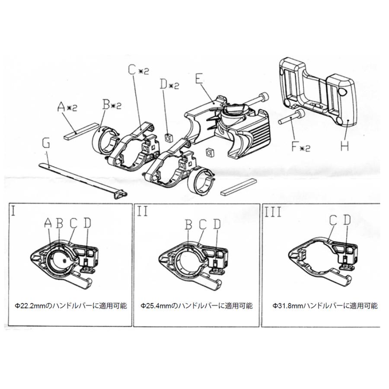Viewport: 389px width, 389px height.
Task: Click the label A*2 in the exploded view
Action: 67,107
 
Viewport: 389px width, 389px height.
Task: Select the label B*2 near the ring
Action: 112,105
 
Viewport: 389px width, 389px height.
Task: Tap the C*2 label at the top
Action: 139,70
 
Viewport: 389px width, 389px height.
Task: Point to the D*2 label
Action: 169,84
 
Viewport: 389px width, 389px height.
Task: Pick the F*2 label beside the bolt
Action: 301,147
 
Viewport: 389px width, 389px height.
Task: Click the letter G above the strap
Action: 46,143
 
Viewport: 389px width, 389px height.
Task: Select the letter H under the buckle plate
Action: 344,145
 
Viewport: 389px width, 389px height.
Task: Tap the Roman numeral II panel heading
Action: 142,212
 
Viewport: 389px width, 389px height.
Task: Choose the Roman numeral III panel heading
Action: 273,212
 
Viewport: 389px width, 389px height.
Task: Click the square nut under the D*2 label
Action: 169,137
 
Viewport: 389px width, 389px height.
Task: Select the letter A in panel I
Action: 48,223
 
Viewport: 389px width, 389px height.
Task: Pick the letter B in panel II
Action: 189,225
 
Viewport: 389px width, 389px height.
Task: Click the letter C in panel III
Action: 333,220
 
